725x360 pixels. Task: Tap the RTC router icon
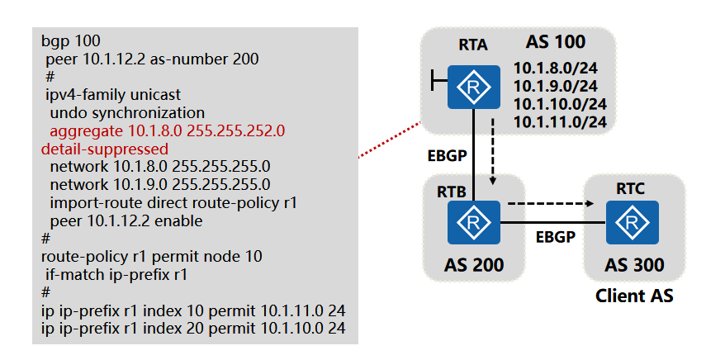click(x=633, y=222)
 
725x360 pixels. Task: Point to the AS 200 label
click(x=472, y=265)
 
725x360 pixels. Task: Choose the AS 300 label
click(x=633, y=265)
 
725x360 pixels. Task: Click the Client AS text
click(x=634, y=295)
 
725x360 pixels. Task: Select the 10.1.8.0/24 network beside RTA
click(x=555, y=69)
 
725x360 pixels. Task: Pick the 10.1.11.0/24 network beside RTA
click(x=561, y=122)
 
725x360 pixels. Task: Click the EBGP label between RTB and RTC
click(x=552, y=236)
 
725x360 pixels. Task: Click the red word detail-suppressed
click(x=105, y=149)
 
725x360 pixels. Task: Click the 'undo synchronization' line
click(x=127, y=112)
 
